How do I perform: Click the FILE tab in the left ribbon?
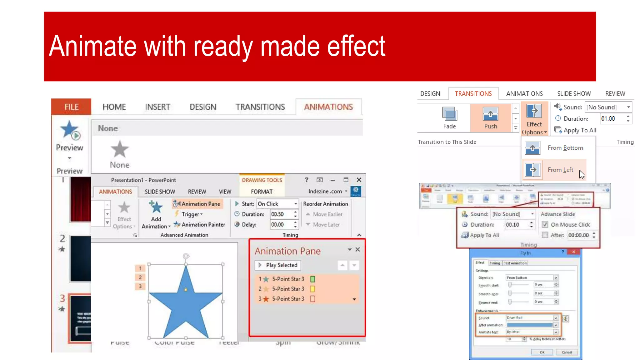[71, 107]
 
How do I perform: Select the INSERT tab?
[157, 107]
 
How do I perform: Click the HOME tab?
[114, 107]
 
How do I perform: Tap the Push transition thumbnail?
[490, 117]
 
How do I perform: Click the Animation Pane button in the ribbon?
[197, 204]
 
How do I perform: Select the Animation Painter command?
[200, 224]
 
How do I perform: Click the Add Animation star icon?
[156, 207]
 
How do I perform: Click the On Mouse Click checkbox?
[545, 224]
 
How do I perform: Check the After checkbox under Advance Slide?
[545, 235]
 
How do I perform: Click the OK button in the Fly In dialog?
[542, 352]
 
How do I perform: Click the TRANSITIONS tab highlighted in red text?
[473, 94]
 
